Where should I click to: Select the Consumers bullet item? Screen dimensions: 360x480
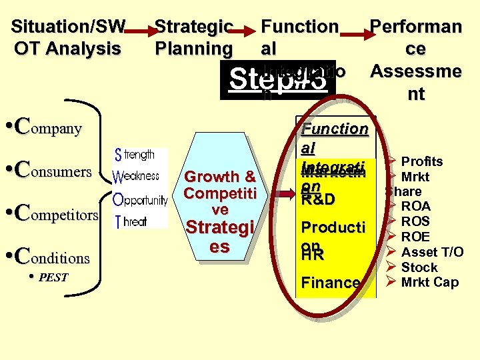point(57,170)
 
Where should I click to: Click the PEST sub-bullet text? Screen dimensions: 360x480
point(53,277)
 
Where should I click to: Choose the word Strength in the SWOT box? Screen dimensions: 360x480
point(135,155)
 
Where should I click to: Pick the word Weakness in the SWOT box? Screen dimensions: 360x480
point(136,176)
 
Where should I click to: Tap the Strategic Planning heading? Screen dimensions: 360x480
point(193,37)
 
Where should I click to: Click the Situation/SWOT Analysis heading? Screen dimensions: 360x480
point(67,37)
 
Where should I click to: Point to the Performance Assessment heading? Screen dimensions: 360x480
point(416,60)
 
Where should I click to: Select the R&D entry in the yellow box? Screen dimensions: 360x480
point(318,199)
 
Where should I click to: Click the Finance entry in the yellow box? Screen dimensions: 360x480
point(331,283)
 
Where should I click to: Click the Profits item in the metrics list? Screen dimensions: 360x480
point(421,161)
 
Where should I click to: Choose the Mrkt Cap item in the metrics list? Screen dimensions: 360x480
point(429,282)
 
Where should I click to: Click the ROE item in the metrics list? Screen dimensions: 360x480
point(415,237)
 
